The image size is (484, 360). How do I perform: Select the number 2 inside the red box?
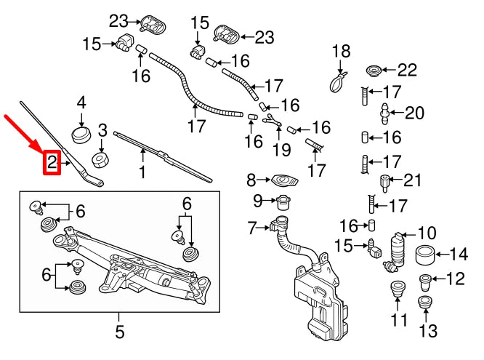click(x=52, y=163)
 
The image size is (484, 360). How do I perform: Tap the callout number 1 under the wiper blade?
click(x=142, y=172)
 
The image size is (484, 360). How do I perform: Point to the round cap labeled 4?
click(x=81, y=135)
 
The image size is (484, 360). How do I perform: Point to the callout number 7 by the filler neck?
click(x=252, y=228)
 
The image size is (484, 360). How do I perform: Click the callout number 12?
click(x=455, y=277)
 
